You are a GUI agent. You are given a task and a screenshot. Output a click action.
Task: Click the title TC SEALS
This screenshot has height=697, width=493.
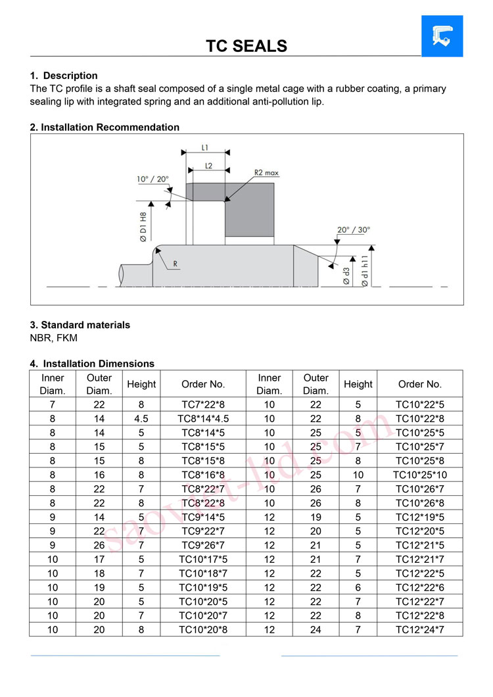coord(246,46)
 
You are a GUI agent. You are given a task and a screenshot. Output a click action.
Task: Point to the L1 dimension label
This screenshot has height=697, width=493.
coord(205,149)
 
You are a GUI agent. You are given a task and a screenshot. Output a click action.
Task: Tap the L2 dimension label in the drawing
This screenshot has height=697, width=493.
coord(208,166)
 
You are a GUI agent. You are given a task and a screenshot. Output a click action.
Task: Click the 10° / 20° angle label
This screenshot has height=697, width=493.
coord(153,179)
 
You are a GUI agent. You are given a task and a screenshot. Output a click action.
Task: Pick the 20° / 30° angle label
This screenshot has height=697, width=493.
coord(354,230)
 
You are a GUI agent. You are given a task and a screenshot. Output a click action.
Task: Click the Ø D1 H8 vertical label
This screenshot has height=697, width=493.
coord(143,227)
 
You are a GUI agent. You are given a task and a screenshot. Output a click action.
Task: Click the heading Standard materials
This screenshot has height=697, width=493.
coord(80,325)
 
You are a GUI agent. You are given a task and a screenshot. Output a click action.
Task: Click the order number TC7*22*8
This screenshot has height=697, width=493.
coord(203,404)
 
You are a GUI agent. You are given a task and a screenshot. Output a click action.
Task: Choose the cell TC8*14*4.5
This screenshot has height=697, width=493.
coord(203,418)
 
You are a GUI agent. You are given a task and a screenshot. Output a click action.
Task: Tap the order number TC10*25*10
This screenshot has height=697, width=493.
coord(420,475)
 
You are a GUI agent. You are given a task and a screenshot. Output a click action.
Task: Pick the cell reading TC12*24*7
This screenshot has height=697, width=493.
coord(420,630)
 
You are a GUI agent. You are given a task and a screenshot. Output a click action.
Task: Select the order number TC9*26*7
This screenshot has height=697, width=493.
coord(203,545)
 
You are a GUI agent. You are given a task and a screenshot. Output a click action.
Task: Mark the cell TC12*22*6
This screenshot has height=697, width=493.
coord(420,587)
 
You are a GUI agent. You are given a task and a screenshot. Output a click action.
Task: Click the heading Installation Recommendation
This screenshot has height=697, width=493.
coord(105,127)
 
